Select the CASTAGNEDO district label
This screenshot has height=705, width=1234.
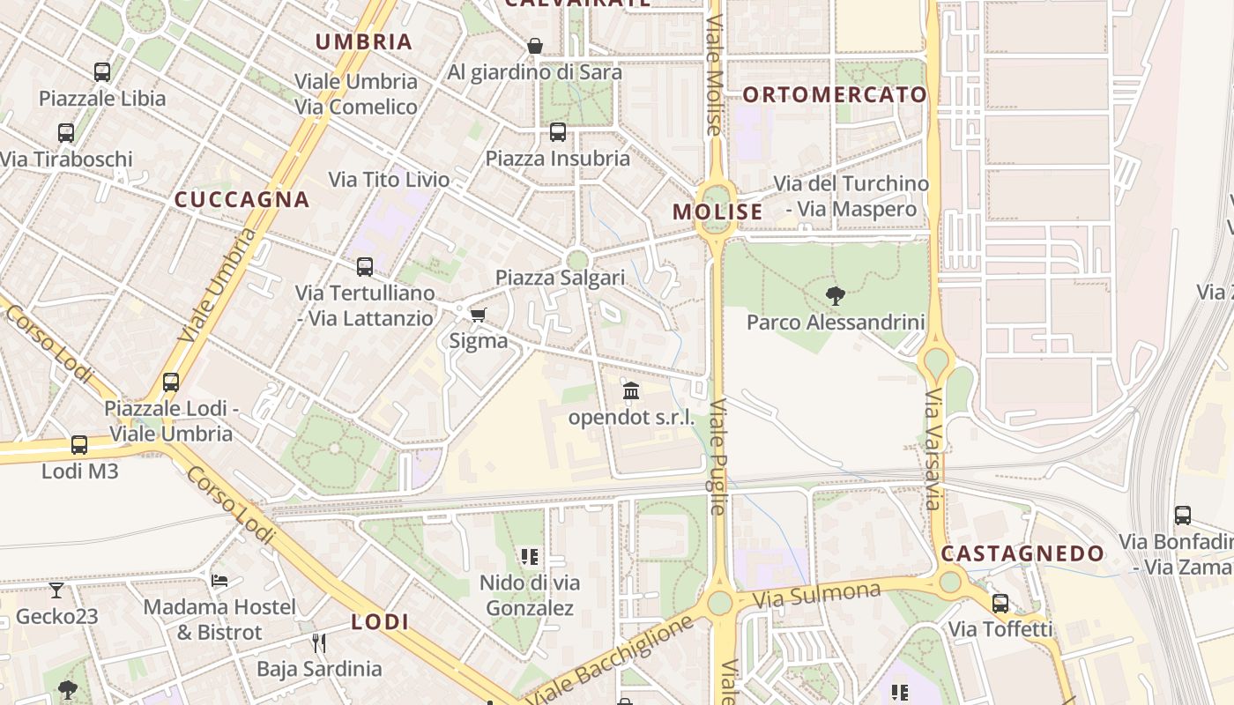[x=1022, y=553]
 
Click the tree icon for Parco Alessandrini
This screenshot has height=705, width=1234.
[x=835, y=296]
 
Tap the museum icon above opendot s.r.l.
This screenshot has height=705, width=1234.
[x=631, y=390]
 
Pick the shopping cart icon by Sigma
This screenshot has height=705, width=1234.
[x=478, y=315]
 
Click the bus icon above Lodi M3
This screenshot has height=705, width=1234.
[x=79, y=445]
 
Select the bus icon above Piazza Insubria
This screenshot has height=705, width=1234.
[x=558, y=132]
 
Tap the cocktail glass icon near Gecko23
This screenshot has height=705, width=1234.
[x=56, y=590]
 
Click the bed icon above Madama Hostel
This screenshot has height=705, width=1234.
[x=219, y=580]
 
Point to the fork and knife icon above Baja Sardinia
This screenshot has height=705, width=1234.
[x=319, y=642]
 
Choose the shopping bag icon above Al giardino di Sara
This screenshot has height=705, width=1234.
[x=535, y=46]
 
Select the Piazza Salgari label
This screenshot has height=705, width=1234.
[x=560, y=278]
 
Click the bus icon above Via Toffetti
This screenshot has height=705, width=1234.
[x=1000, y=604]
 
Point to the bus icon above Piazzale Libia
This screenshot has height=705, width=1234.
[x=102, y=72]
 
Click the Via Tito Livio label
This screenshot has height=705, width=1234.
[x=389, y=180]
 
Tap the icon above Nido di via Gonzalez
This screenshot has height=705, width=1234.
[x=530, y=556]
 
